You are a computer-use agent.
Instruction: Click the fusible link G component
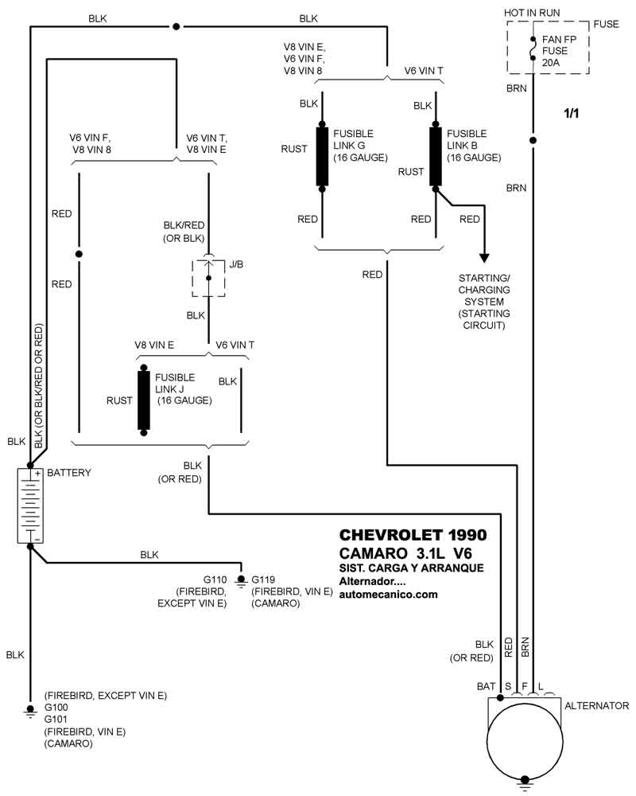tap(322, 156)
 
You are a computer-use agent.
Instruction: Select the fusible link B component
tap(436, 156)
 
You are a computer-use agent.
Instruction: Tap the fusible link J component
tap(144, 400)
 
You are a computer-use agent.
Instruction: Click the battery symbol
tap(29, 506)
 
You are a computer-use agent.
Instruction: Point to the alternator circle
tap(524, 739)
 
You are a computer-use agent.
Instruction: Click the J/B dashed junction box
tap(208, 277)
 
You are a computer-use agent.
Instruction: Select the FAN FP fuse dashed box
tap(548, 48)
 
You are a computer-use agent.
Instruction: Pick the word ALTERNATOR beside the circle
tap(596, 706)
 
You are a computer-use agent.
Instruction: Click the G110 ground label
tap(216, 579)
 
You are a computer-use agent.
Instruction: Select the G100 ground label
tap(56, 707)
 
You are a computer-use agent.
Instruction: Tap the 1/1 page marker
tap(572, 114)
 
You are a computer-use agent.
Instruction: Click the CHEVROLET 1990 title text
tap(413, 535)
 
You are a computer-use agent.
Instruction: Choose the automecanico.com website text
tap(388, 594)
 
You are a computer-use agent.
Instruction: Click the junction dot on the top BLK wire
tap(175, 26)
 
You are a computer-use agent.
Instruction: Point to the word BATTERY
tap(69, 473)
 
